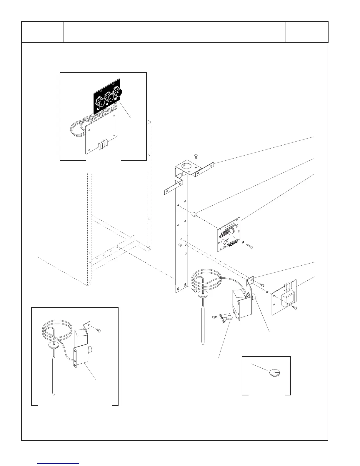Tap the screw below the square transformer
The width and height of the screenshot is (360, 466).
click(295, 308)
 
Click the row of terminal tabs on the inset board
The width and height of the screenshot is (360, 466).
click(103, 144)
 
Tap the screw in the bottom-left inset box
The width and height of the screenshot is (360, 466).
click(99, 331)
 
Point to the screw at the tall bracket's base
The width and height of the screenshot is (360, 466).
click(194, 291)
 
